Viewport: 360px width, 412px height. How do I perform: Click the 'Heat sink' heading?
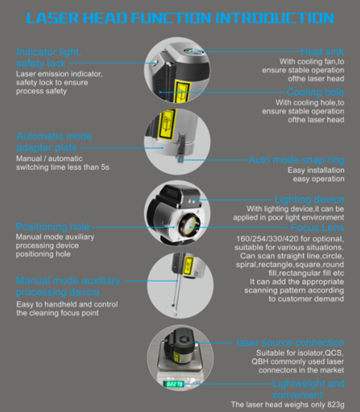[x=322, y=52]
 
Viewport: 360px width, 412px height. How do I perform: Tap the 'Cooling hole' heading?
[x=315, y=92]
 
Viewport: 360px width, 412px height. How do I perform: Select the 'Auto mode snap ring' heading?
[x=297, y=160]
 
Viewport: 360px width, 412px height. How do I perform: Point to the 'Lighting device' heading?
[x=309, y=199]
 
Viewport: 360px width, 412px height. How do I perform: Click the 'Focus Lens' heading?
[x=317, y=227]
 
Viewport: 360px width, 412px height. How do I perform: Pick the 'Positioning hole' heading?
[x=53, y=227]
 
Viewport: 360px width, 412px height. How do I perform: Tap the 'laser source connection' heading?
[x=290, y=343]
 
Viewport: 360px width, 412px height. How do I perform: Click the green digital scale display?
[x=174, y=384]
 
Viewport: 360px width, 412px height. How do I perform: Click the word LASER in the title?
[x=53, y=18]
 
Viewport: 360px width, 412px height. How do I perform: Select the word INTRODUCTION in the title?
[x=274, y=18]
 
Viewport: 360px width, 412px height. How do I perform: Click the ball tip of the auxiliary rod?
[x=173, y=305]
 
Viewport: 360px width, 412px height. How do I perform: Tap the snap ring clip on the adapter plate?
[x=181, y=148]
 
